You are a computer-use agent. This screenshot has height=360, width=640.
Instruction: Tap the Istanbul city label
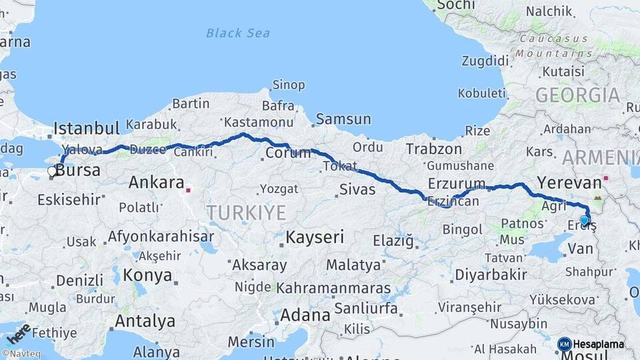pyautogui.click(x=86, y=128)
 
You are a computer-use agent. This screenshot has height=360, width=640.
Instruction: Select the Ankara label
pyautogui.click(x=156, y=182)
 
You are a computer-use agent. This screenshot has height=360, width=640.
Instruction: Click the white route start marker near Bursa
pyautogui.click(x=52, y=171)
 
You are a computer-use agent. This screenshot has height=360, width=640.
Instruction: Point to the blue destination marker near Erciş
pyautogui.click(x=585, y=221)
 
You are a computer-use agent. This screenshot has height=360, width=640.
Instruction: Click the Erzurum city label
pyautogui.click(x=457, y=183)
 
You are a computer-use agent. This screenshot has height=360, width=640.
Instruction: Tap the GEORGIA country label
pyautogui.click(x=577, y=95)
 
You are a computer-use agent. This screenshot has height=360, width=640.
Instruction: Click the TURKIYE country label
pyautogui.click(x=246, y=213)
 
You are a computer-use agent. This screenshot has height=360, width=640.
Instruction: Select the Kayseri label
pyautogui.click(x=315, y=237)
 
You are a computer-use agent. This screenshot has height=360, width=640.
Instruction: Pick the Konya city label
pyautogui.click(x=147, y=275)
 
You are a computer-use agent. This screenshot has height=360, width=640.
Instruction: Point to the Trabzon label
pyautogui.click(x=434, y=149)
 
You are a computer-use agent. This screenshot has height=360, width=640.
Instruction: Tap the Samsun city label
pyautogui.click(x=343, y=119)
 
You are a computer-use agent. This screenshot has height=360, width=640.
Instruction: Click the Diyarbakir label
pyautogui.click(x=491, y=275)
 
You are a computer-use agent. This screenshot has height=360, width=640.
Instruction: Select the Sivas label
pyautogui.click(x=357, y=189)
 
